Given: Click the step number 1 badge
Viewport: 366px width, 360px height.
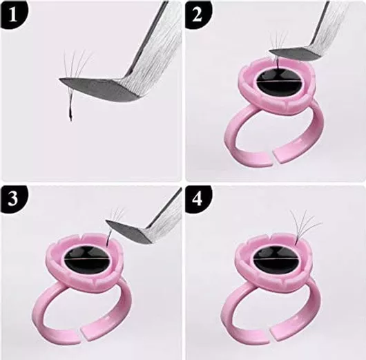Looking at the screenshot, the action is (13, 15).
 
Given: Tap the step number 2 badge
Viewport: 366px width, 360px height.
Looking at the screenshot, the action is (198, 15).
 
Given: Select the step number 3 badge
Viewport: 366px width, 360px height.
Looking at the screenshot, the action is (13, 199).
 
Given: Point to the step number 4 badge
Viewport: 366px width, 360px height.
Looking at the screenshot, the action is (198, 199).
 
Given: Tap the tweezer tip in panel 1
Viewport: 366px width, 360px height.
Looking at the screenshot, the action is (59, 79).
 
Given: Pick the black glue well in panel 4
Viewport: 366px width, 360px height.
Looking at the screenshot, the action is (275, 259).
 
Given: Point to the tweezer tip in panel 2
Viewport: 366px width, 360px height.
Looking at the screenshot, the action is (270, 50).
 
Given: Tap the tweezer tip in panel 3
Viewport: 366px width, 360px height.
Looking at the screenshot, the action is (107, 220).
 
